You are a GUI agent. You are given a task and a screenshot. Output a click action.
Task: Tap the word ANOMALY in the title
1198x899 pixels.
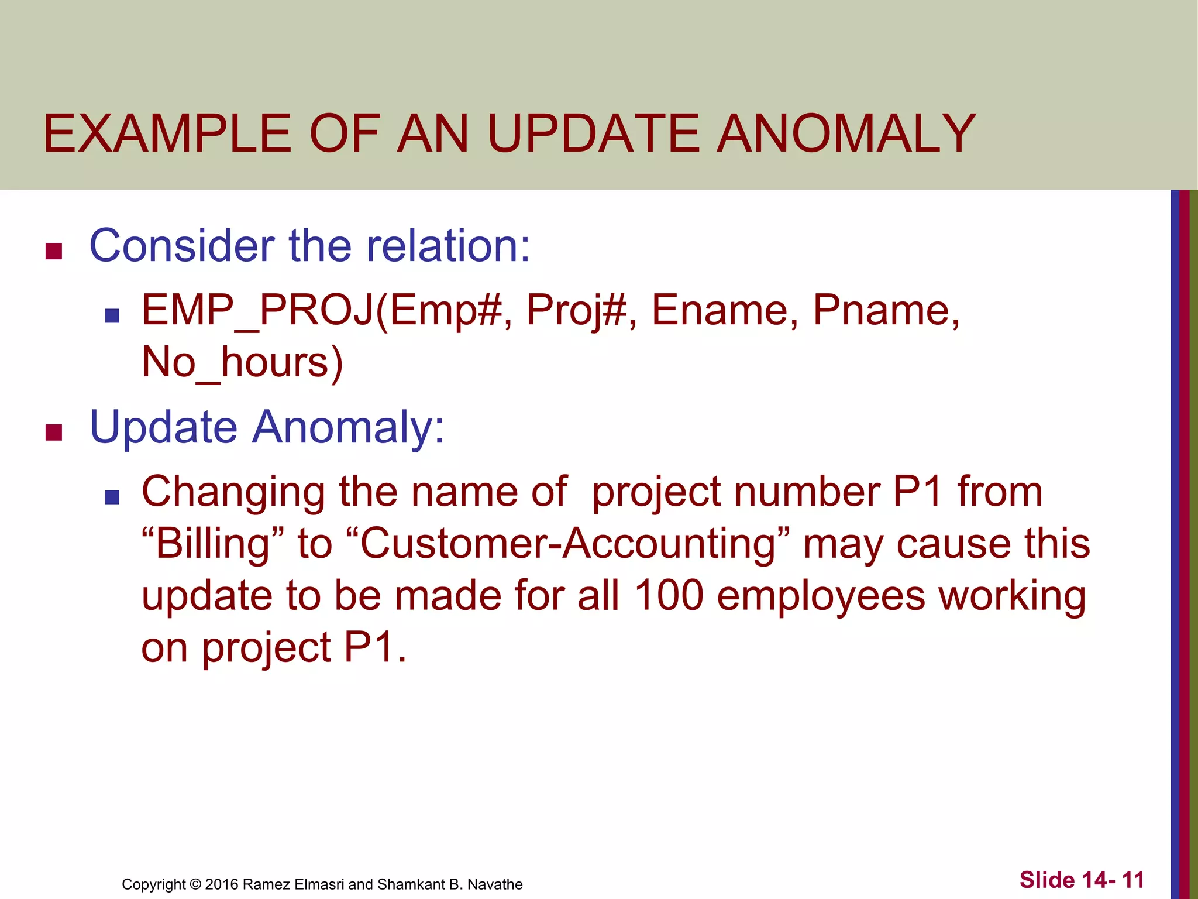[x=846, y=134]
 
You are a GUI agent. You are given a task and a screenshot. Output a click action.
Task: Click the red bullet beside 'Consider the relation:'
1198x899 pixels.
[x=54, y=252]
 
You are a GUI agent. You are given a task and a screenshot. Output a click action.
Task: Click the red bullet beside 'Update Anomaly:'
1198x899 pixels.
[x=54, y=433]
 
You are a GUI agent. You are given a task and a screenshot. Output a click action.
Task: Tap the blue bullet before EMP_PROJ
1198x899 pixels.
[x=112, y=317]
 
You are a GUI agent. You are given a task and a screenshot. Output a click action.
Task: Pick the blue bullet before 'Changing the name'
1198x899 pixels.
[x=112, y=497]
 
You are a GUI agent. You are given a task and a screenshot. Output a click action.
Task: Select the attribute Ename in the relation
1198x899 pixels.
[x=724, y=310]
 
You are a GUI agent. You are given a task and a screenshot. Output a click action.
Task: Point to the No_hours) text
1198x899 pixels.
[x=242, y=363]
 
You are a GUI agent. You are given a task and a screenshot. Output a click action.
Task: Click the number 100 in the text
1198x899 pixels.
[x=669, y=596]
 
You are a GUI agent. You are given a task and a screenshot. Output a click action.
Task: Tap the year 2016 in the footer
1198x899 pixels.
[x=222, y=884]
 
